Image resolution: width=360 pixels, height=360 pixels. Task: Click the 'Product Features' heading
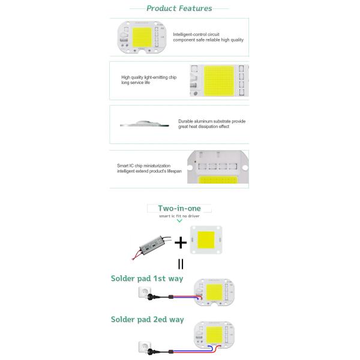(x=179, y=8)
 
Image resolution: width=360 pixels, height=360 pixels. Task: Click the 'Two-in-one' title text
(x=179, y=208)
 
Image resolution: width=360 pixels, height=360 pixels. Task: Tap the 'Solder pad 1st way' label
(x=147, y=278)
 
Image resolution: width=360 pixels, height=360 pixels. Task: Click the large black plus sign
(x=179, y=243)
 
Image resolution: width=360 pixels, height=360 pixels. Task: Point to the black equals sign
(x=180, y=264)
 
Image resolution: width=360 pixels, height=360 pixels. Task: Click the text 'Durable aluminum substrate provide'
(x=212, y=121)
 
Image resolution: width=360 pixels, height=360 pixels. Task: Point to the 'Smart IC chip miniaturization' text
(x=144, y=166)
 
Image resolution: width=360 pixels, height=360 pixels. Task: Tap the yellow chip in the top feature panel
(x=143, y=38)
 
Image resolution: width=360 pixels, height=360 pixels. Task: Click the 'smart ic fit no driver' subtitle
(x=179, y=215)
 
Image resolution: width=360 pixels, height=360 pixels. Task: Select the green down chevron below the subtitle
(x=179, y=221)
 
